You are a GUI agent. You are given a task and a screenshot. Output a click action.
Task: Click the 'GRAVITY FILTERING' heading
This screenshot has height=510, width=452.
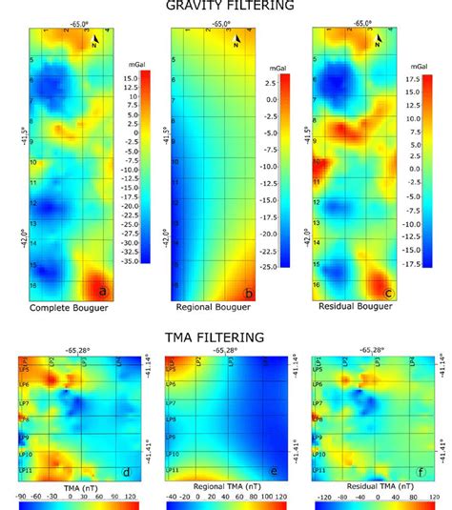pyautogui.click(x=226, y=7)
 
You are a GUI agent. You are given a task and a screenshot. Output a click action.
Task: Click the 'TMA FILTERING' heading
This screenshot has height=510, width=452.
pyautogui.click(x=226, y=337)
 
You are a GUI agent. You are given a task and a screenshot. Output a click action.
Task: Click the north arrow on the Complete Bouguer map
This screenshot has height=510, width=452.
pyautogui.click(x=94, y=38)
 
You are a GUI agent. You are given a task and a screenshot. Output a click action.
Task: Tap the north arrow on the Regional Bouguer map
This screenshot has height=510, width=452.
pyautogui.click(x=236, y=38)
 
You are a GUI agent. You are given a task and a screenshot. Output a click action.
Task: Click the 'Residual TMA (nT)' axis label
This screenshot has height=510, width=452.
pyautogui.click(x=377, y=486)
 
